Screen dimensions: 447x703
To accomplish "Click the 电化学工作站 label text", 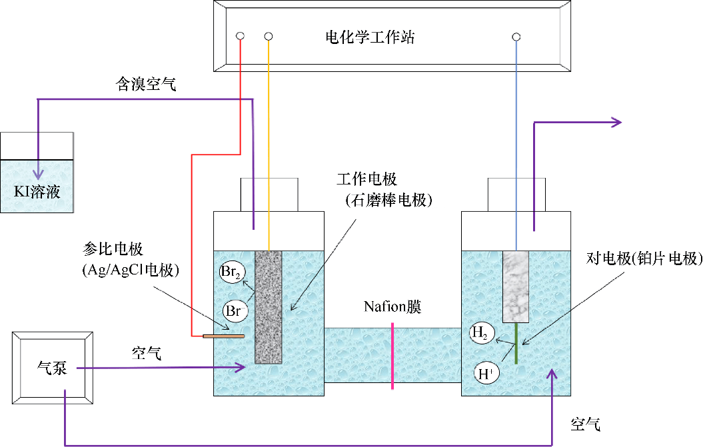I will click(366, 37).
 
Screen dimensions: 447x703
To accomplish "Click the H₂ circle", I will click(482, 332).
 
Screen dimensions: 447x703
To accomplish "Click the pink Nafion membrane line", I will click(392, 356).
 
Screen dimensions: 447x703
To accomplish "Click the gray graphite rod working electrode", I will click(269, 306).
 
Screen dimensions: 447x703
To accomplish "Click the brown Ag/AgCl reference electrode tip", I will click(224, 336).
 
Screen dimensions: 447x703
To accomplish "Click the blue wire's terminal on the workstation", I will click(516, 37).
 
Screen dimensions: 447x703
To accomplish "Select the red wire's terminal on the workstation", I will click(240, 36).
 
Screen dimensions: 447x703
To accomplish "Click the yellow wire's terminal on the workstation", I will click(269, 36).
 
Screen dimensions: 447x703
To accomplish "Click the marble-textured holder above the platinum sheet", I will click(516, 286).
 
